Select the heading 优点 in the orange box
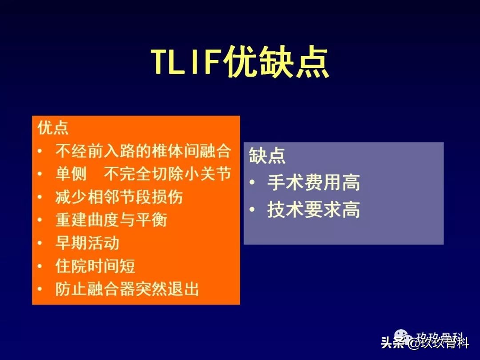53,128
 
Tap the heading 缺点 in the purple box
267,156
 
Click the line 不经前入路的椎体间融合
143,151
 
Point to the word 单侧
71,174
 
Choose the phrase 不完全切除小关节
168,174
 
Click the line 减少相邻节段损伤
119,197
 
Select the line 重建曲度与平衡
111,220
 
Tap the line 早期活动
87,243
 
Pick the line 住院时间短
95,266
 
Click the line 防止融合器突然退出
127,289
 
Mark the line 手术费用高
313,183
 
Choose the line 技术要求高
313,210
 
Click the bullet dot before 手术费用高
252,183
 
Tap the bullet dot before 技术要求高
252,210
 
